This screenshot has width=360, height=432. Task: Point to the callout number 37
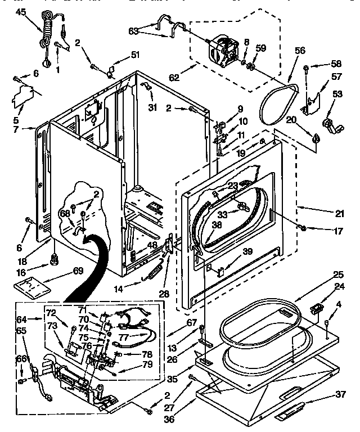[341, 394]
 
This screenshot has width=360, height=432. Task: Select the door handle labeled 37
[290, 414]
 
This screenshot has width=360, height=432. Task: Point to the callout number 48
[152, 245]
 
